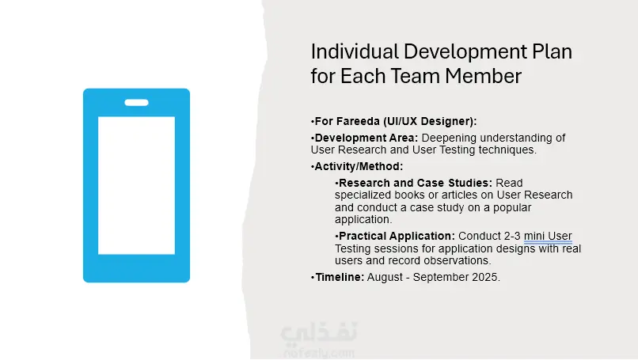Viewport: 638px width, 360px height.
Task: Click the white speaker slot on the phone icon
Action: coord(136,103)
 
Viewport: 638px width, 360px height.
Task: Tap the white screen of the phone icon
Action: coord(137,185)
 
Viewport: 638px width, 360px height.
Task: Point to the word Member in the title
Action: coord(483,76)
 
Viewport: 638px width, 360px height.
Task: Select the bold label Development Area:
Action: coord(366,138)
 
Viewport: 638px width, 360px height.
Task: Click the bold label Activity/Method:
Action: coord(359,166)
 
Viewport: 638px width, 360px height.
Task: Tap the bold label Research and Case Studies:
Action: coord(416,183)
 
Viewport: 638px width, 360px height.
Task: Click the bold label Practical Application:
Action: coord(397,237)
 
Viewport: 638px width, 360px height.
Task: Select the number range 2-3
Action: coord(512,236)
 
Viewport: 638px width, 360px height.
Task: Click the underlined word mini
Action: coord(534,236)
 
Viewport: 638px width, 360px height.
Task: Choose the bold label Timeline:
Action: coord(340,277)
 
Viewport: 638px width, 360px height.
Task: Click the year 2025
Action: coord(486,277)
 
